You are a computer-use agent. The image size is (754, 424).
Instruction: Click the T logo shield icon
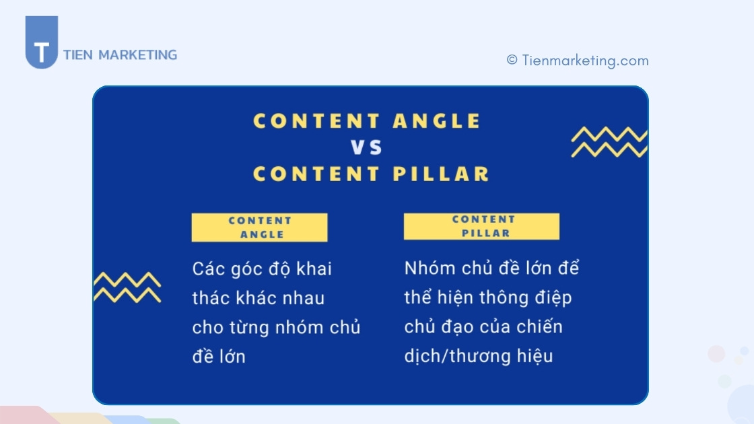[42, 43]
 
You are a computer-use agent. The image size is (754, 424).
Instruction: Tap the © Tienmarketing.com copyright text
[578, 61]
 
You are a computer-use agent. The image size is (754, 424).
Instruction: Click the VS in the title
[367, 147]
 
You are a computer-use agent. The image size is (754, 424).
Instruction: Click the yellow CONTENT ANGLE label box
[260, 227]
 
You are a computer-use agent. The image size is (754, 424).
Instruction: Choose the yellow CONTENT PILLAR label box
[481, 226]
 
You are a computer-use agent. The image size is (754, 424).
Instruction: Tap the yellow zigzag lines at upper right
[609, 142]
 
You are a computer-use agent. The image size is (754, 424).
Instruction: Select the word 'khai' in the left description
[314, 269]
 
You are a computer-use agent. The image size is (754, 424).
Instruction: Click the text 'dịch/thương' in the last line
[455, 356]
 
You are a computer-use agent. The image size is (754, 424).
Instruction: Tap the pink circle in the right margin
[716, 353]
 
